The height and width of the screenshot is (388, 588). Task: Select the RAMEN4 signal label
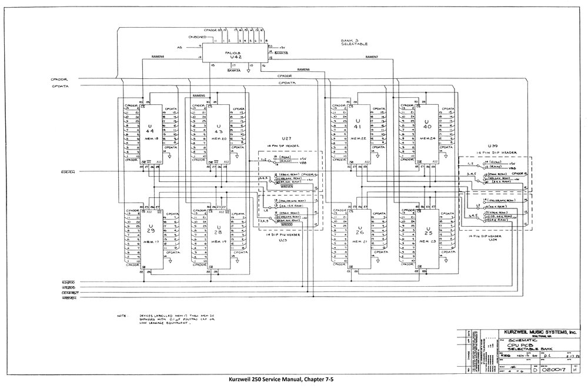click(x=158, y=57)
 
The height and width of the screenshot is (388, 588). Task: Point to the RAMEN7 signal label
click(x=372, y=57)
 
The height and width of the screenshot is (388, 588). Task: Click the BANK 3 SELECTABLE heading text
click(x=355, y=42)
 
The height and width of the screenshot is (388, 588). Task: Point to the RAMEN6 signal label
click(x=303, y=69)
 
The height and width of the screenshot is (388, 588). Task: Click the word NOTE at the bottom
click(x=122, y=316)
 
